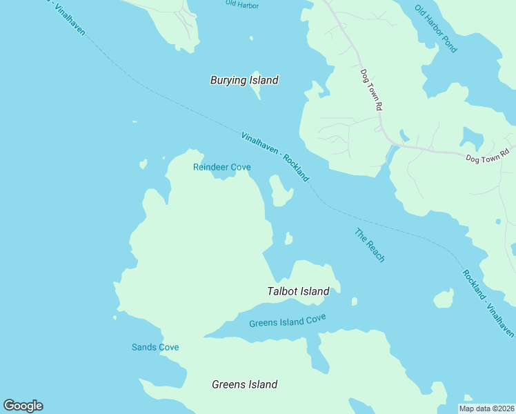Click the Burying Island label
pos(244,81)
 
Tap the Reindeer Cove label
pos(221,167)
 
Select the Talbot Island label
pos(298,291)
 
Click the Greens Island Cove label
pos(287,321)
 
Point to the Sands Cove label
pos(155,347)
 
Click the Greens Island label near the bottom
pos(244,384)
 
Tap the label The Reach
pos(370,245)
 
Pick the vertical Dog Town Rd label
pos(371,90)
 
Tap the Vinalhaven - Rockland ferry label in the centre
pos(275,157)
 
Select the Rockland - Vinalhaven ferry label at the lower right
pos(488,304)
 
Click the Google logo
pos(23,406)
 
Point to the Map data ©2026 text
pos(487,408)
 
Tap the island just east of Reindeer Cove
pos(279,191)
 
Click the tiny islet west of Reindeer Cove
pos(143,164)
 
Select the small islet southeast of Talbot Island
pos(354,301)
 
